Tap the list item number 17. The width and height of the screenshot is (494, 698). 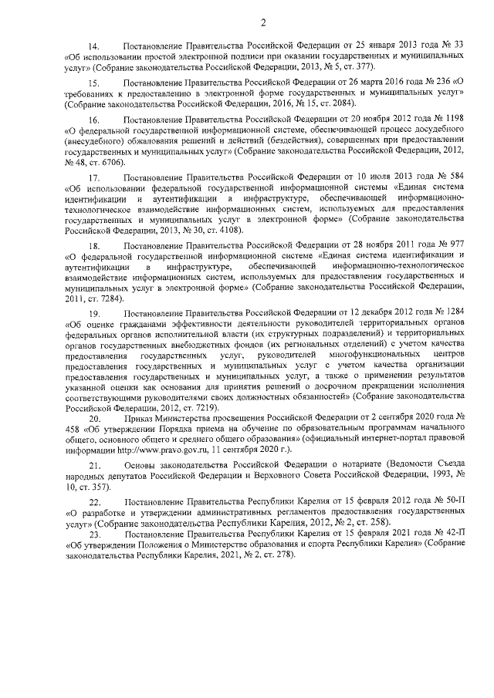click(x=97, y=176)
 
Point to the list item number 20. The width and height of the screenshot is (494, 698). click(x=97, y=417)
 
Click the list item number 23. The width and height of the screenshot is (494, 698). click(x=97, y=534)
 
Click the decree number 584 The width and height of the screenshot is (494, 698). click(x=456, y=176)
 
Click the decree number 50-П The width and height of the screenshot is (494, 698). click(x=453, y=502)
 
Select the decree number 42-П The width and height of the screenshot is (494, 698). click(x=453, y=534)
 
